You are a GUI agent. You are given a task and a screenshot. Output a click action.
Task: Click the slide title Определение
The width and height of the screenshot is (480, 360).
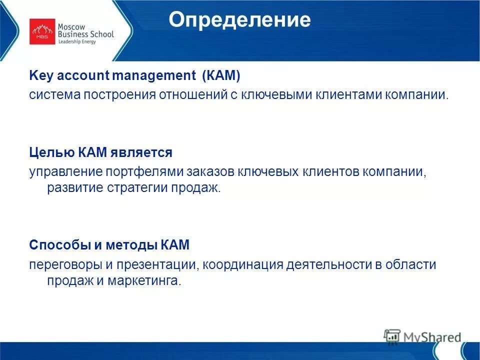click(239, 20)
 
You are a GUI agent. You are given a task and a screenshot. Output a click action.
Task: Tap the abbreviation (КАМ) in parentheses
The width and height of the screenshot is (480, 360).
click(221, 76)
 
